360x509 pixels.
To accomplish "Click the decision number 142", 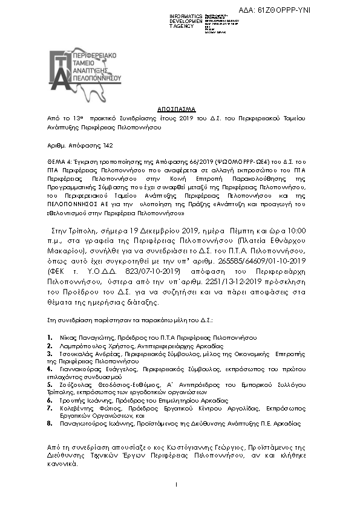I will click(106, 146).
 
